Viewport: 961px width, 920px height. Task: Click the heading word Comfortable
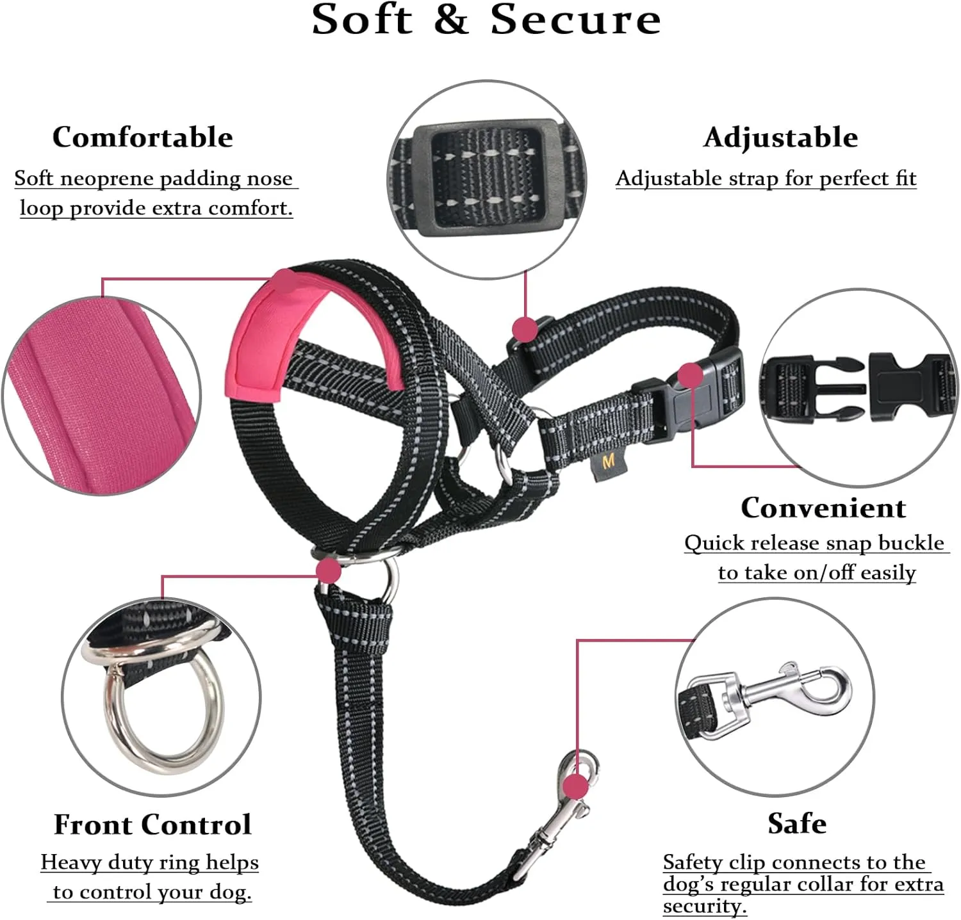point(142,137)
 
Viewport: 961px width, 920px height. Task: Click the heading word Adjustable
point(780,137)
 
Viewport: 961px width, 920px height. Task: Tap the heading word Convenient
point(823,507)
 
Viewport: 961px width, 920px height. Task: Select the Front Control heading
point(152,824)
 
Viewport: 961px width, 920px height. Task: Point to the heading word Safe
point(797,823)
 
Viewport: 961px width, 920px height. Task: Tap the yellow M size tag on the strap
point(608,462)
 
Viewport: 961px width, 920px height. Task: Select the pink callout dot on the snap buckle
point(691,376)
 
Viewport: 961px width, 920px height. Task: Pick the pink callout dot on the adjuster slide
point(525,329)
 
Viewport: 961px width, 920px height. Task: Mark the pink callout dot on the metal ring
point(329,570)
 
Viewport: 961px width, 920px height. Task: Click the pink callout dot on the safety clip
point(576,786)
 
